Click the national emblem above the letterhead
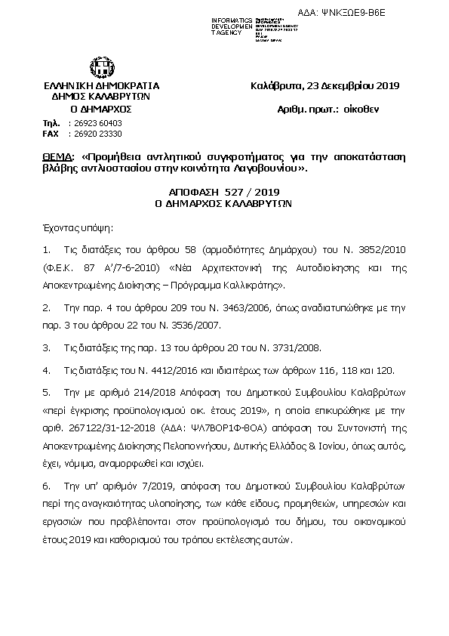101,67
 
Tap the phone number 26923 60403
94,122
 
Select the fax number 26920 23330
94,133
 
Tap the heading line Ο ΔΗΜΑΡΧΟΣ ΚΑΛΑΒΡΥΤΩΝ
223,204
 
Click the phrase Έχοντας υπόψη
72,226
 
